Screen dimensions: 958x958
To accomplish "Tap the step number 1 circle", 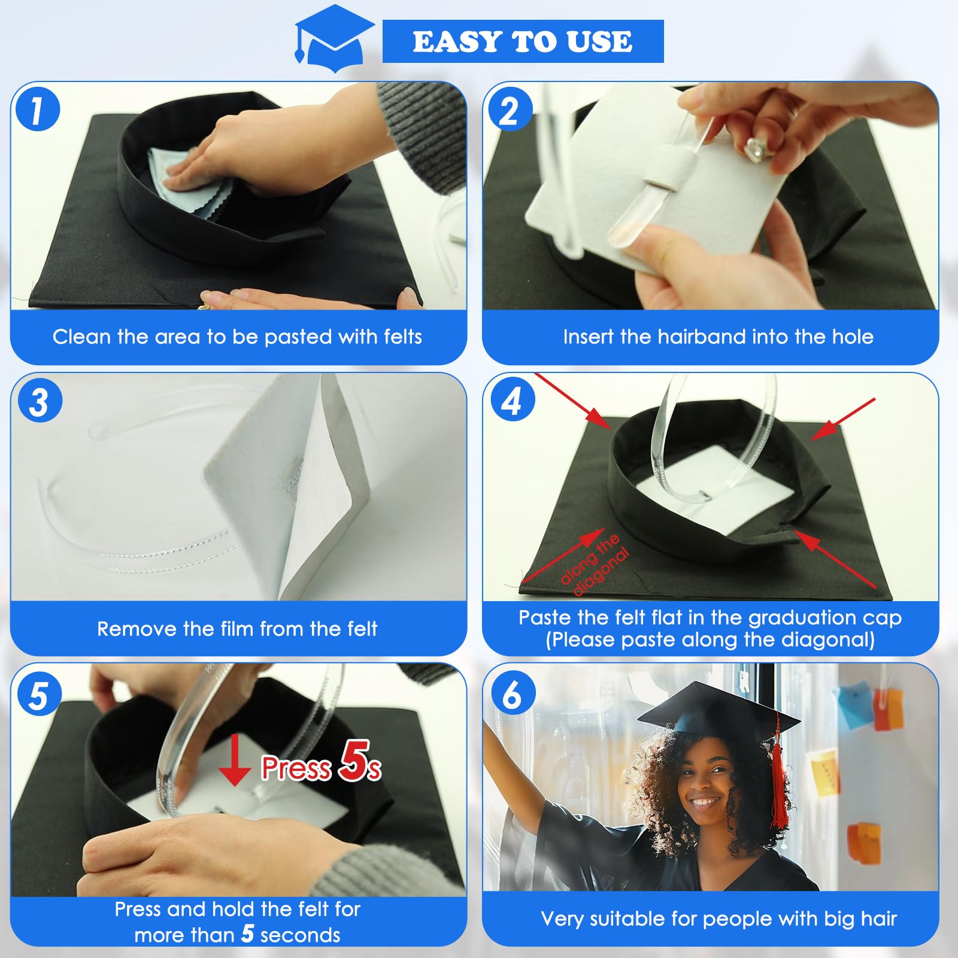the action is tap(38, 109).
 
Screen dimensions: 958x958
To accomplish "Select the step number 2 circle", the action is tap(510, 109).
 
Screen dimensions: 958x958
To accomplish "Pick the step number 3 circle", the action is tap(40, 401).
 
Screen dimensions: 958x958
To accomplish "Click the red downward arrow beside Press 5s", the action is tap(234, 760).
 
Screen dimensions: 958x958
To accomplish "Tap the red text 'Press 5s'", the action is tap(321, 763).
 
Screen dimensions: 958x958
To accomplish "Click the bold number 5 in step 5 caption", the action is tap(248, 933).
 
